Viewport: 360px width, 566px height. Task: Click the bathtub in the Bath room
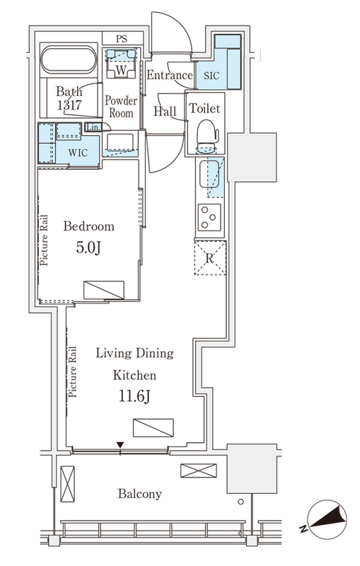pyautogui.click(x=69, y=60)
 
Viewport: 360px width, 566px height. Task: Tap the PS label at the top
pyautogui.click(x=122, y=39)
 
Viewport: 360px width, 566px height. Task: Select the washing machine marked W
pyautogui.click(x=121, y=64)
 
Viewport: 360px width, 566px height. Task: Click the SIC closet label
pyautogui.click(x=211, y=76)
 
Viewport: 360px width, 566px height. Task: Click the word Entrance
pyautogui.click(x=169, y=75)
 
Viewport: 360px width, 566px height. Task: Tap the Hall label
pyautogui.click(x=166, y=110)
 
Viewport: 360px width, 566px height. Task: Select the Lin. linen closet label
pyautogui.click(x=93, y=127)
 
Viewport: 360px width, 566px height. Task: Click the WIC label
pyautogui.click(x=78, y=153)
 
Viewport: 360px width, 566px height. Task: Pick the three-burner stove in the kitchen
pyautogui.click(x=209, y=217)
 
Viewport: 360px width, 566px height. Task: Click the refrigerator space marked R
pyautogui.click(x=210, y=258)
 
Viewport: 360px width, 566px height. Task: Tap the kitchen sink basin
pyautogui.click(x=209, y=175)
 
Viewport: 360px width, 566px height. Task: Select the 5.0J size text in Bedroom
pyautogui.click(x=88, y=248)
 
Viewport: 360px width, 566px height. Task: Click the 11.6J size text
pyautogui.click(x=134, y=396)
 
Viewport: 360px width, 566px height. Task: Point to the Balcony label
pyautogui.click(x=139, y=493)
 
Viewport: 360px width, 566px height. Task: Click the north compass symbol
pyautogui.click(x=327, y=519)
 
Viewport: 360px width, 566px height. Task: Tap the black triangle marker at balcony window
pyautogui.click(x=120, y=445)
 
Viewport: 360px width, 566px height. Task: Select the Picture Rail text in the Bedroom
pyautogui.click(x=44, y=240)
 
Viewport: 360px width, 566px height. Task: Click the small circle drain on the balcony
pyautogui.click(x=240, y=502)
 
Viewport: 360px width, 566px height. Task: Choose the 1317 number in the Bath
pyautogui.click(x=69, y=105)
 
